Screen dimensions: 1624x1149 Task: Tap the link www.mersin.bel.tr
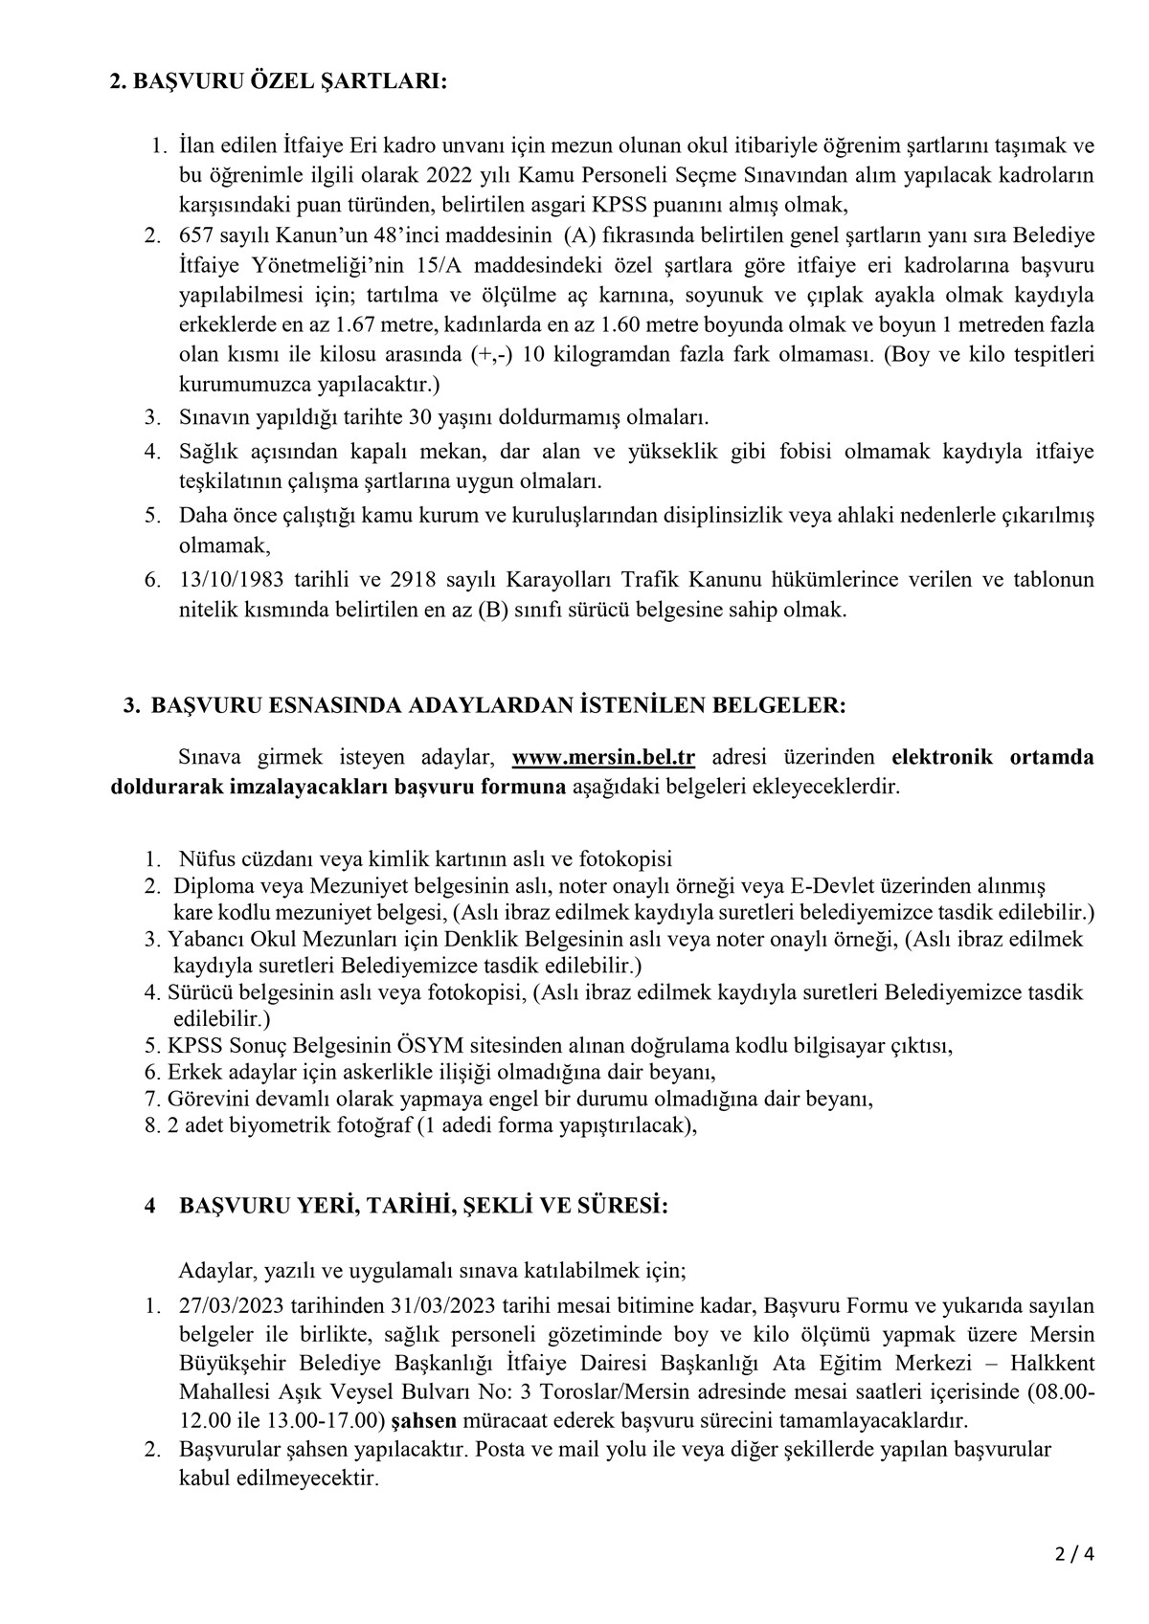603,758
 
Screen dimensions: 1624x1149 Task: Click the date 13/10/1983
223,580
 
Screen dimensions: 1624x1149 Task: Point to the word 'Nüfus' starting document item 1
205,858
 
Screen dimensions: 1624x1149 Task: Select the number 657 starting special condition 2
195,235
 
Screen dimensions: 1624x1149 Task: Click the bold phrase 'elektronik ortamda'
992,758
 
